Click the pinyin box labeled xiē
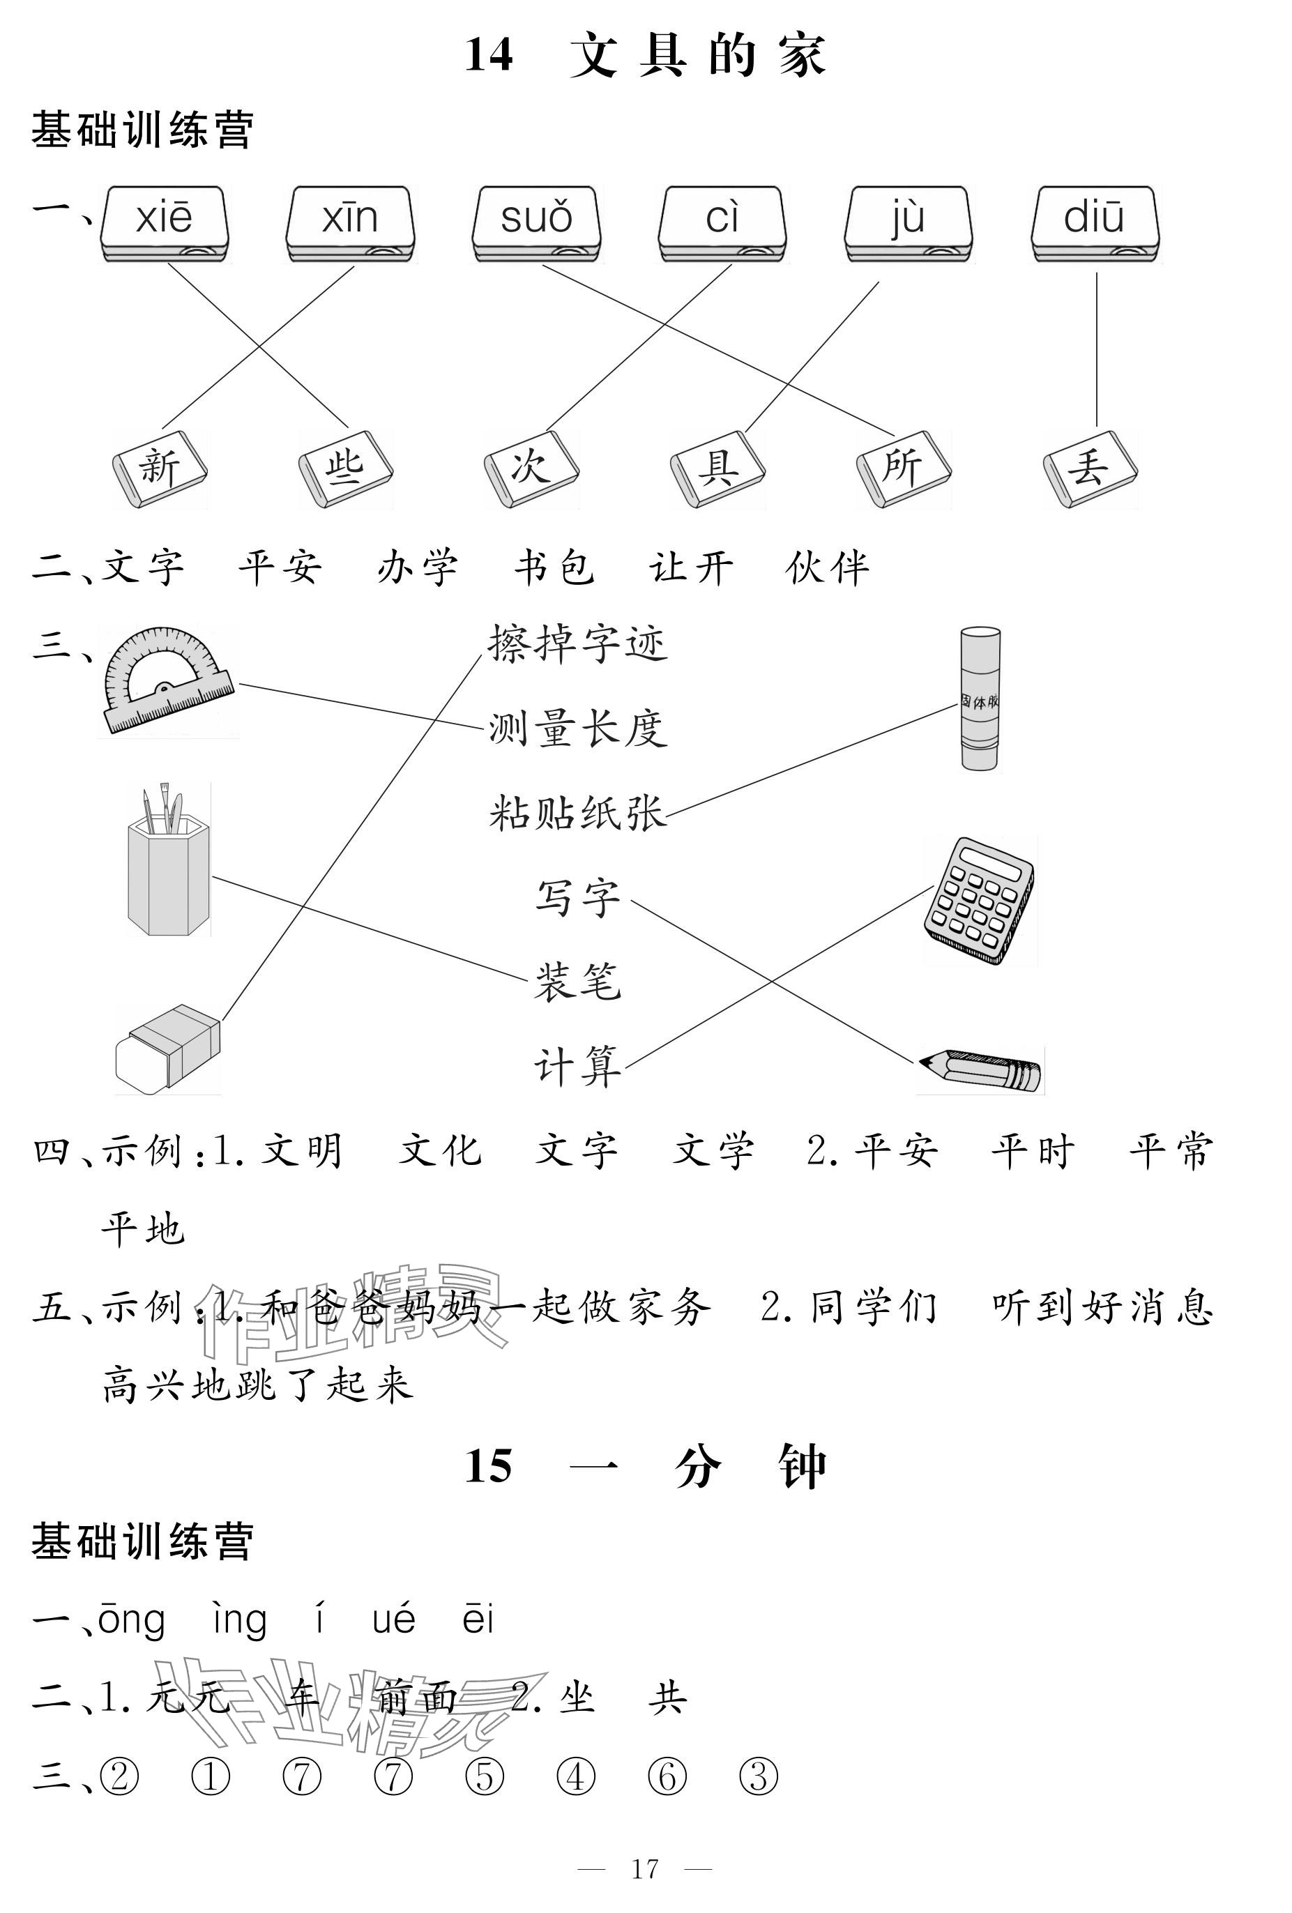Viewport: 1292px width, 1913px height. click(164, 222)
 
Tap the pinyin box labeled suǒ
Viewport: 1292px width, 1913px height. click(536, 222)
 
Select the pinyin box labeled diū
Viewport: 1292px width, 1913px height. click(1095, 222)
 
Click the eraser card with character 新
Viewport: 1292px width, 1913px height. click(160, 468)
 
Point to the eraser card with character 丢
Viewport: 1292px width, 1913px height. click(1089, 468)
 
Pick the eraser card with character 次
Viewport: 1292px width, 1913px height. click(531, 468)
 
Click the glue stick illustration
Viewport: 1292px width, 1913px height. click(980, 700)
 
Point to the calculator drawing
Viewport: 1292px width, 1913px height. click(979, 901)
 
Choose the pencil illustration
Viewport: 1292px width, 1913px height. click(980, 1069)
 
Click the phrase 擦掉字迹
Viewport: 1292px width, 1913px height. click(577, 643)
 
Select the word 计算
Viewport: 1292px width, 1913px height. click(577, 1067)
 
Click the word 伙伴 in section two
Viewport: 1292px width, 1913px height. click(827, 568)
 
